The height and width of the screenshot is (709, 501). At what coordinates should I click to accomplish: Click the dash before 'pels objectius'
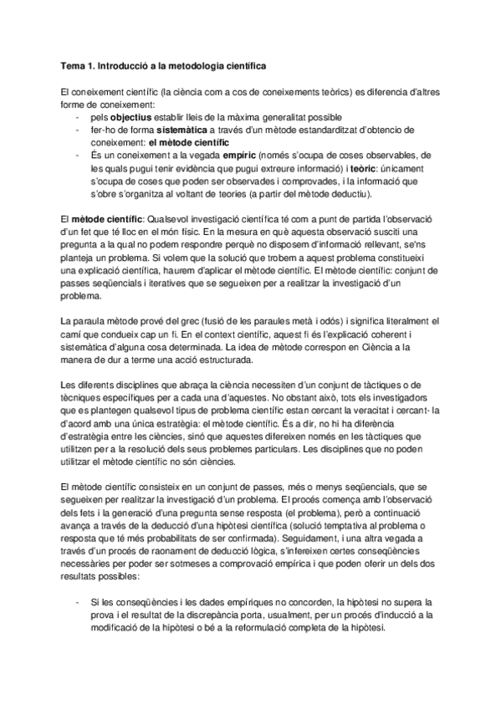[x=77, y=118]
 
